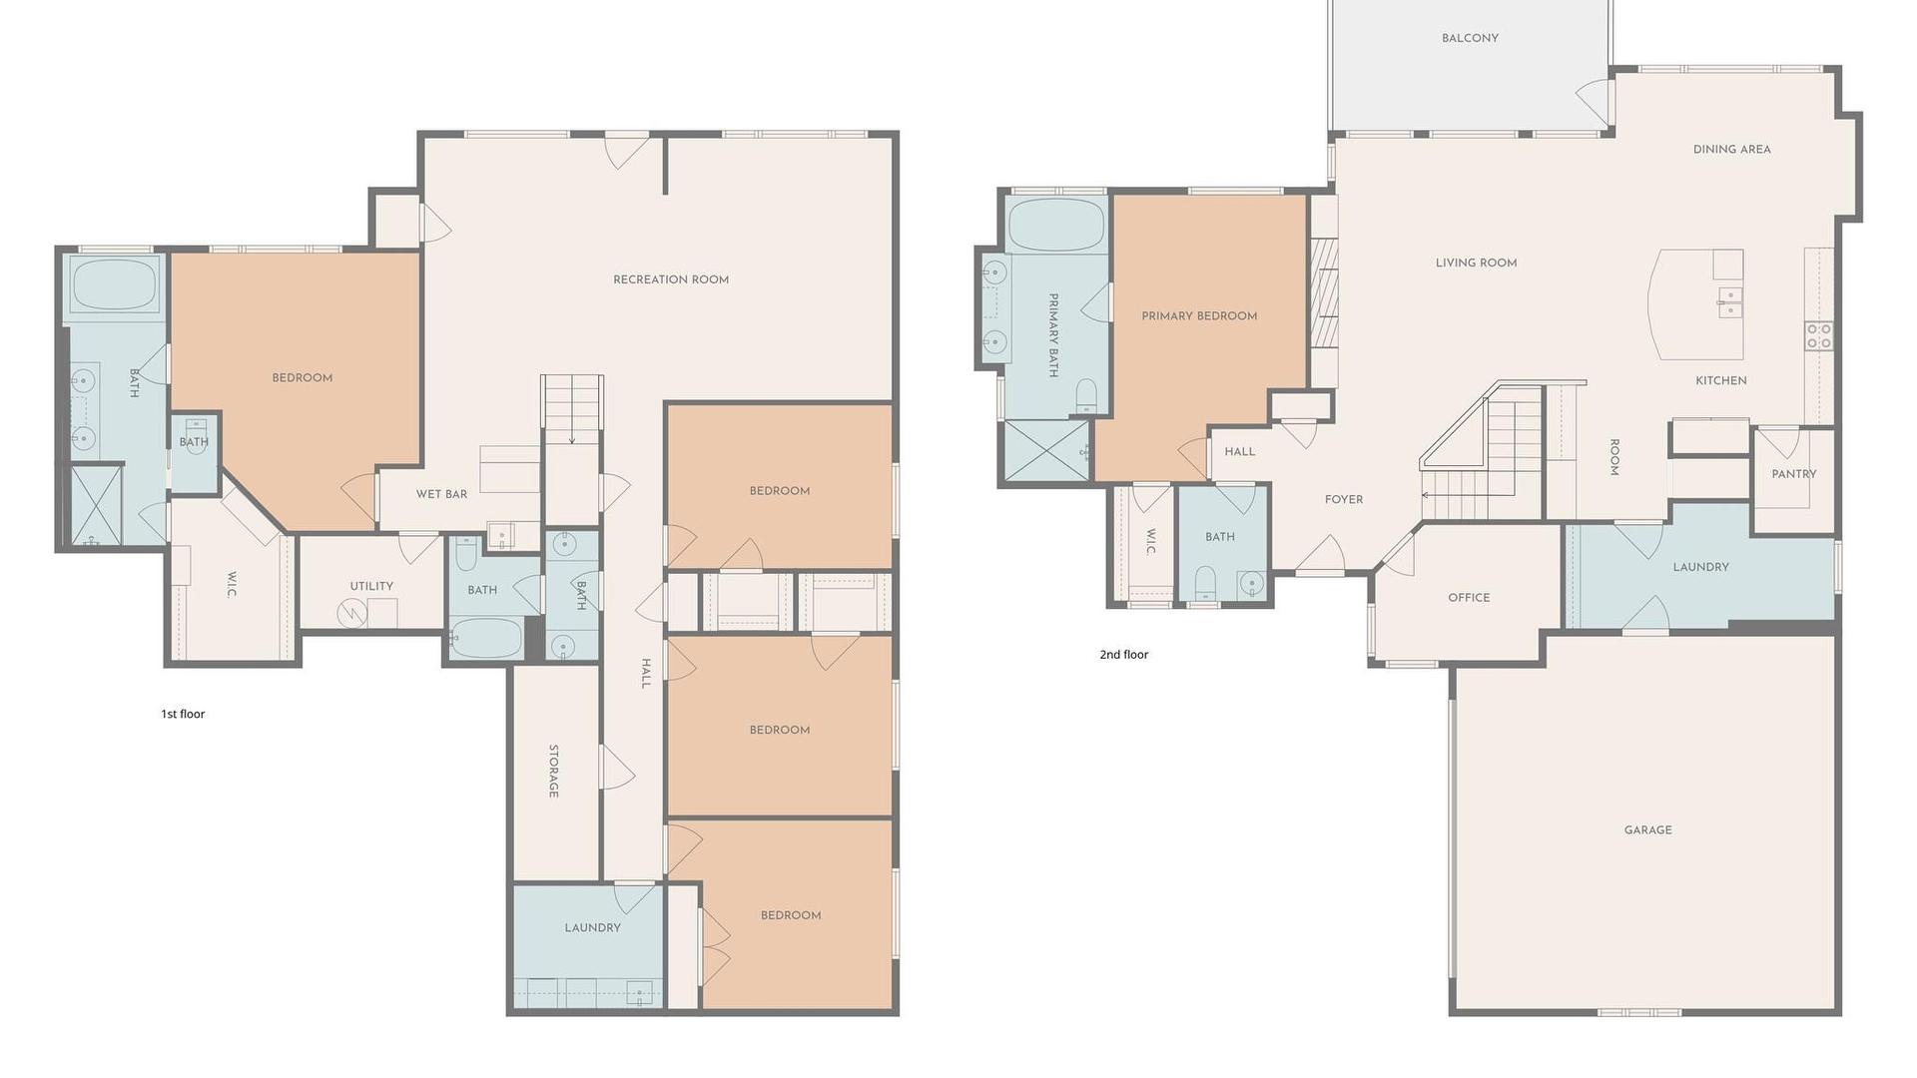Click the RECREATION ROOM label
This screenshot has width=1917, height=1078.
[x=671, y=279]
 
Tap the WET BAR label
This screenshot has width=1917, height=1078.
[x=441, y=494]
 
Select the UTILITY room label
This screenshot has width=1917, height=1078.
[x=371, y=586]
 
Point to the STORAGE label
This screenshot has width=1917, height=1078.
[x=553, y=771]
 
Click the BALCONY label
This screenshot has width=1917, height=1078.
[x=1470, y=38]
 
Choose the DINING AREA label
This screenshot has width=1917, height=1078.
[x=1731, y=150]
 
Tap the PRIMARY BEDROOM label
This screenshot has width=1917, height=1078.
[x=1199, y=316]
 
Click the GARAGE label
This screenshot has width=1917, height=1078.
[x=1647, y=830]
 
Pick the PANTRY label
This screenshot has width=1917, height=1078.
[x=1793, y=474]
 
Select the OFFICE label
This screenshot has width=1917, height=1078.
[x=1469, y=598]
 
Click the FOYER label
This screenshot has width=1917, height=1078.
[x=1343, y=500]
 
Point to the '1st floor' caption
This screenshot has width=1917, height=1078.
[x=183, y=714]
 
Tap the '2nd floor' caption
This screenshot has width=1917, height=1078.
[x=1124, y=655]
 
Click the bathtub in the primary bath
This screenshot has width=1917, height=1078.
[x=1056, y=225]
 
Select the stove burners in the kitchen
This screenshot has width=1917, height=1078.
[x=1818, y=335]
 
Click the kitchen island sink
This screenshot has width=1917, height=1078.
[x=1729, y=301]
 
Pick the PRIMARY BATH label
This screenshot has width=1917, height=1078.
[x=1052, y=335]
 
